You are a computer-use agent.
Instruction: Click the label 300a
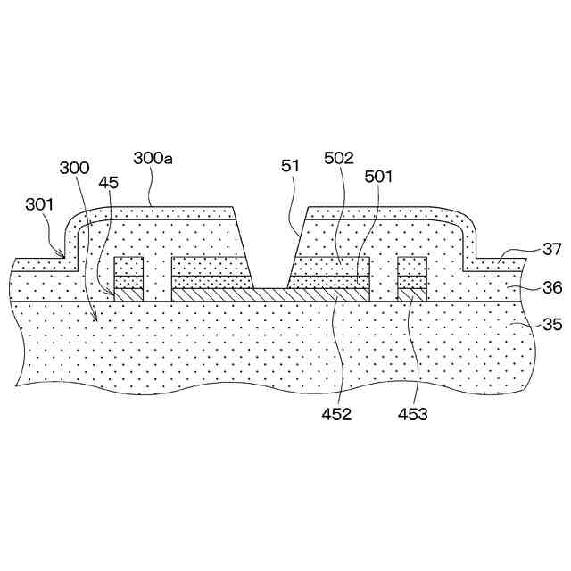[153, 158]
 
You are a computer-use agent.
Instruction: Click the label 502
[340, 158]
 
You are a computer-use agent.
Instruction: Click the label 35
[552, 326]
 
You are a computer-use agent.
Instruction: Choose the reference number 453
[412, 414]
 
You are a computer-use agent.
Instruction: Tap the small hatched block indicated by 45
[129, 294]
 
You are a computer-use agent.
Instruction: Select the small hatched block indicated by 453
[412, 294]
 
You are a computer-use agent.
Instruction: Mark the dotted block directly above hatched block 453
[412, 272]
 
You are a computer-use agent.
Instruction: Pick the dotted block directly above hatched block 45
[129, 272]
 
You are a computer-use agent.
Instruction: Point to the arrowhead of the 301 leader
[64, 256]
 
